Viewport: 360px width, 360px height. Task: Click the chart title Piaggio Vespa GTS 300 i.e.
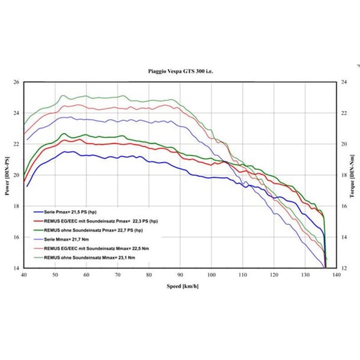(x=179, y=71)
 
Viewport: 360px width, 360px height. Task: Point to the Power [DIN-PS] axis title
(x=7, y=175)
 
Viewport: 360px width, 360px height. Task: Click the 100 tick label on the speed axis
(x=212, y=274)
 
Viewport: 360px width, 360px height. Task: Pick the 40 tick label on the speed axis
(x=24, y=274)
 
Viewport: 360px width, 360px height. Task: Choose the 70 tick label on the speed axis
(x=118, y=274)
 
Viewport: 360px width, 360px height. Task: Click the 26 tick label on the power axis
(x=16, y=82)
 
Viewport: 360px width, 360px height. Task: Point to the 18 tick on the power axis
(x=16, y=206)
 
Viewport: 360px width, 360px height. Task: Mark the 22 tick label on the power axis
(x=16, y=144)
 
